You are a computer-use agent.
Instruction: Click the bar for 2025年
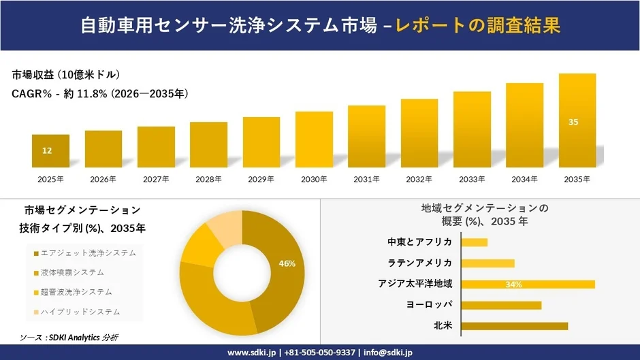(x=50, y=150)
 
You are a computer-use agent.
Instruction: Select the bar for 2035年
(x=577, y=120)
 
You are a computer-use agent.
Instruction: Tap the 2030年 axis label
(x=314, y=179)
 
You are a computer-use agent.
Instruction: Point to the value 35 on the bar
(x=573, y=122)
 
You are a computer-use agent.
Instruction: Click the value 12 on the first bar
(x=47, y=150)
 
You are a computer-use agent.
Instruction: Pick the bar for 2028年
(x=208, y=144)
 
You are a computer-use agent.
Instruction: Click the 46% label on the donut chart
(x=287, y=263)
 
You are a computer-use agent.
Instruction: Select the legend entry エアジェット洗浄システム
(x=88, y=252)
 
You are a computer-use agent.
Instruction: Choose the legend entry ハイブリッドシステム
(x=80, y=312)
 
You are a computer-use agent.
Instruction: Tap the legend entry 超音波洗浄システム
(x=76, y=292)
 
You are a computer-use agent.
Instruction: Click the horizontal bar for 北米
(x=514, y=326)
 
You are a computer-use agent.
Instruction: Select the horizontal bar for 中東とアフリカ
(x=475, y=242)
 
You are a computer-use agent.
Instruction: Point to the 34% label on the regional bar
(x=513, y=284)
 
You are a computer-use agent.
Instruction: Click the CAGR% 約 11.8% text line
(x=100, y=93)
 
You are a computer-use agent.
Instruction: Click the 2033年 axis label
(x=472, y=179)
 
